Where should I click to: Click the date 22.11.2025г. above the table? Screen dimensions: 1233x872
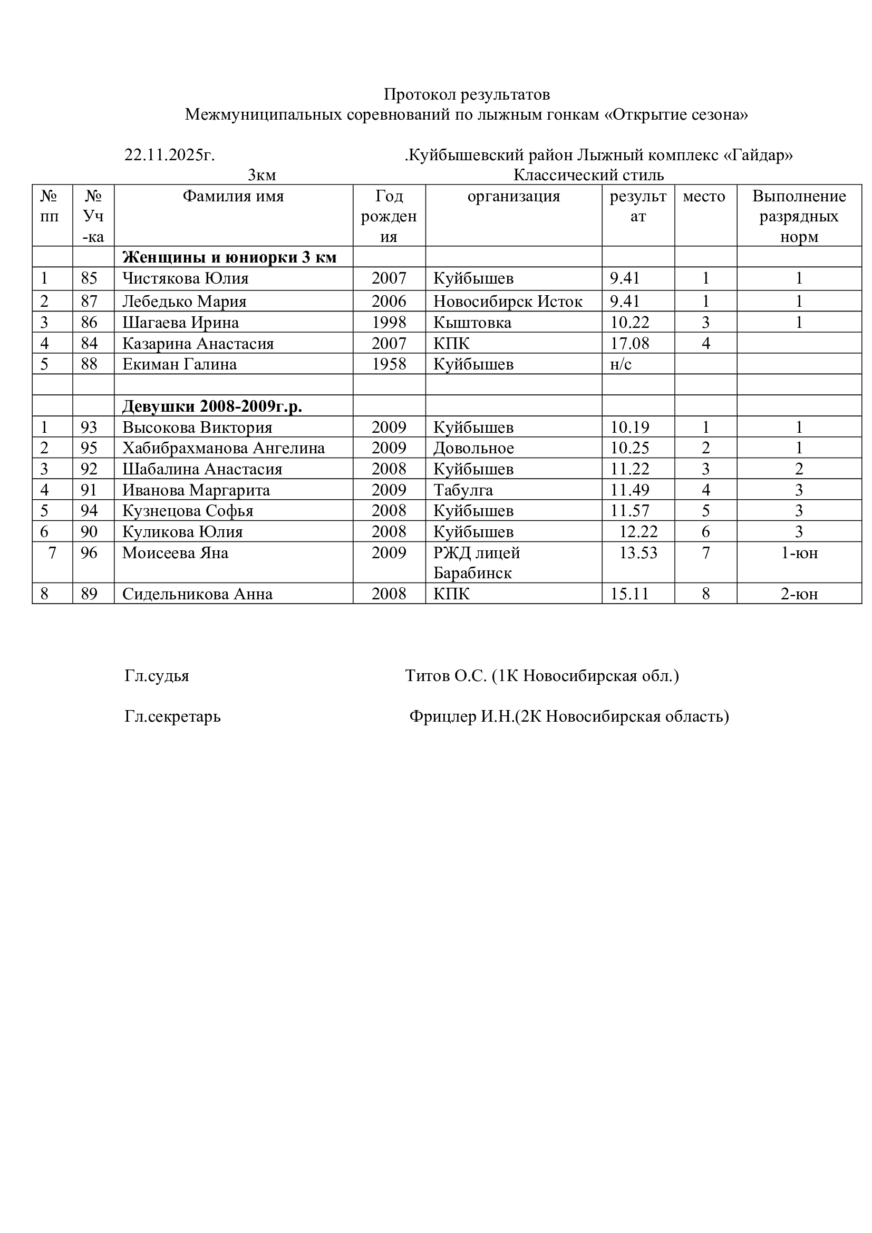(x=169, y=155)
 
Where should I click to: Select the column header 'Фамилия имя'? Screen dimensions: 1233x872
(x=233, y=196)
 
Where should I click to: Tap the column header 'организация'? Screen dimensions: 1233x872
(x=513, y=196)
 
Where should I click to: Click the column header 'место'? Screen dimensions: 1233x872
(x=703, y=196)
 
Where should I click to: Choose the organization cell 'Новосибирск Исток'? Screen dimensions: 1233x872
(x=507, y=302)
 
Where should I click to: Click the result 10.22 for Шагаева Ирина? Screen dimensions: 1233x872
(x=629, y=322)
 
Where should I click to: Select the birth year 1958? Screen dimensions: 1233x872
(x=389, y=364)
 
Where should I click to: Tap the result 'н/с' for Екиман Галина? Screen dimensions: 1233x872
(x=621, y=364)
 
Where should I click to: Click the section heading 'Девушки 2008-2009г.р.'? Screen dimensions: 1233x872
(x=212, y=406)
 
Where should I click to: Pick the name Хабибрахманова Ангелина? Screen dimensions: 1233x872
(x=224, y=448)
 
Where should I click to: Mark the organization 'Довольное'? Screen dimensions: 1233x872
(x=473, y=448)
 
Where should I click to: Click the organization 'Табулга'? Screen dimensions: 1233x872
(x=463, y=490)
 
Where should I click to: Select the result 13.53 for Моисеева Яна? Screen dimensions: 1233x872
(x=638, y=552)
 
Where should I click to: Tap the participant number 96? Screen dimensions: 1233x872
(x=89, y=552)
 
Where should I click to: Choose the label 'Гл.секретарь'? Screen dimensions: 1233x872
(x=172, y=716)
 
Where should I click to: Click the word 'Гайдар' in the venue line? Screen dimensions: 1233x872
(x=758, y=155)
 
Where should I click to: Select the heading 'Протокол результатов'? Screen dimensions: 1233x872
(x=467, y=94)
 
